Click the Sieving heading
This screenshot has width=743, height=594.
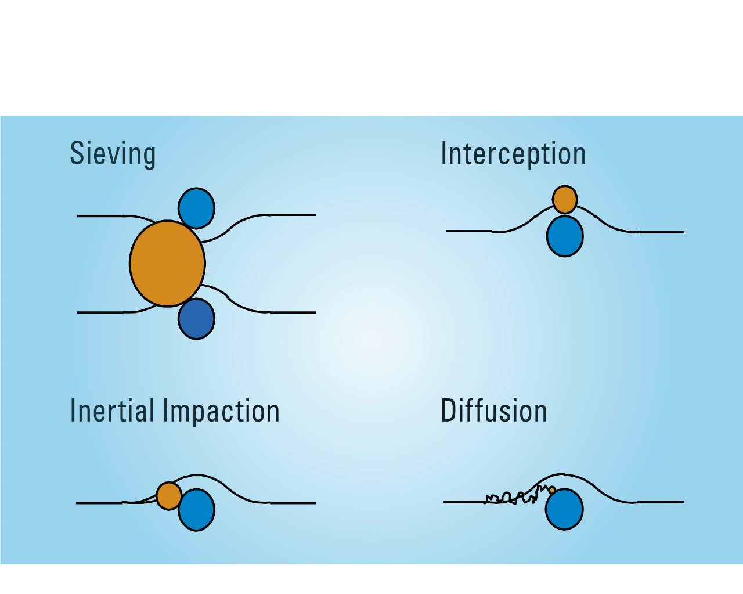(x=113, y=154)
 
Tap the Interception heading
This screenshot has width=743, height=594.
(x=513, y=154)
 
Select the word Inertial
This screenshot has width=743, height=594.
(x=112, y=411)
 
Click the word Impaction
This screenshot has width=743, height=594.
(x=221, y=412)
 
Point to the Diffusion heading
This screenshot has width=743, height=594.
(x=493, y=411)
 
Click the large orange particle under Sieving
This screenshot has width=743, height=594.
(x=167, y=263)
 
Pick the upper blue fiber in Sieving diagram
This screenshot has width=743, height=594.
(x=196, y=208)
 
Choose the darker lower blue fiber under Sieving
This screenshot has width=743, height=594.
(x=196, y=319)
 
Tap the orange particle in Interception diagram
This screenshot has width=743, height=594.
(x=565, y=200)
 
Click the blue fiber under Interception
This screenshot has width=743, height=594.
(x=565, y=236)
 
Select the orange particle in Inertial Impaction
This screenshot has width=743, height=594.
(x=169, y=496)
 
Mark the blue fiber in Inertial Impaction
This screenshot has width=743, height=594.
(x=196, y=510)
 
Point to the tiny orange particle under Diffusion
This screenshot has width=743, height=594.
(x=551, y=490)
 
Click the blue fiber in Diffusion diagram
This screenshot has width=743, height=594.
(x=564, y=509)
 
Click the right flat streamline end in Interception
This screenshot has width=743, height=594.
(x=662, y=232)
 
